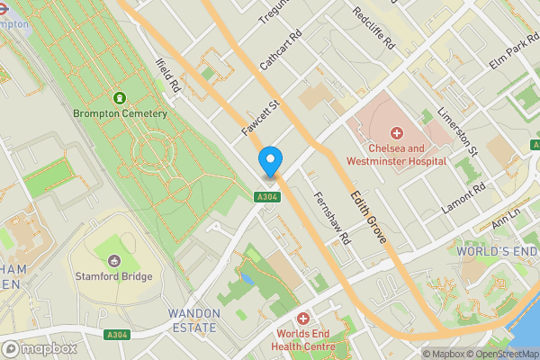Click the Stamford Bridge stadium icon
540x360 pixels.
pyautogui.click(x=114, y=260)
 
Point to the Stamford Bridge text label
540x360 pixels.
pyautogui.click(x=114, y=276)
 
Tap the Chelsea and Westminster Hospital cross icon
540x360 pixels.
pyautogui.click(x=396, y=133)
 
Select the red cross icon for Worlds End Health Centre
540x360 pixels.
pyautogui.click(x=302, y=319)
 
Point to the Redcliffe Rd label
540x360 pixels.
pyautogui.click(x=373, y=28)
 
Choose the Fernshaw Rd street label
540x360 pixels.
pyautogui.click(x=331, y=218)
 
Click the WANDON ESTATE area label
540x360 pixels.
pyautogui.click(x=193, y=320)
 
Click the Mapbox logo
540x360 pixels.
pyautogui.click(x=39, y=348)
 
